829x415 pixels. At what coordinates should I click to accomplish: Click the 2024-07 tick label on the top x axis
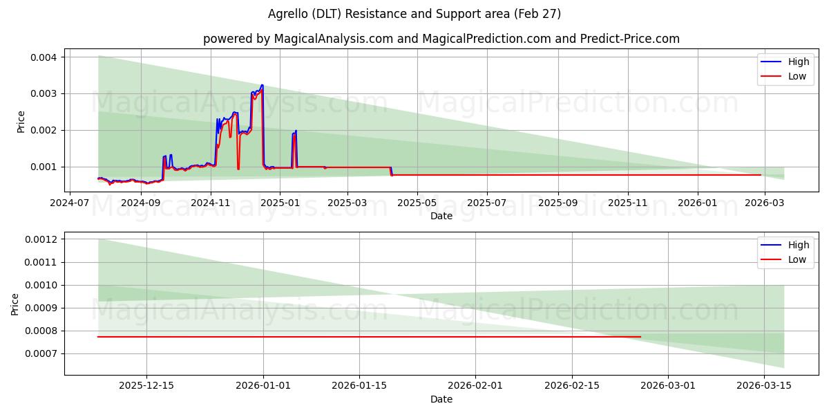click(70, 203)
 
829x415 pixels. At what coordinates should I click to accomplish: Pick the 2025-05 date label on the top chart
click(417, 203)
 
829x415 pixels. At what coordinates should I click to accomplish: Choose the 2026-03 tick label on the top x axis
click(765, 203)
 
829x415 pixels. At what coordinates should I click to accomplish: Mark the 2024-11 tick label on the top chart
click(210, 203)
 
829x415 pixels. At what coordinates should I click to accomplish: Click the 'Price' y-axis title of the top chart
click(21, 122)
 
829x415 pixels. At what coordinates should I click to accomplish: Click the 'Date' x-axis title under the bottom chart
click(441, 399)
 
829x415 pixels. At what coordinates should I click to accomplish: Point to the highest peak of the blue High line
click(262, 85)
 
